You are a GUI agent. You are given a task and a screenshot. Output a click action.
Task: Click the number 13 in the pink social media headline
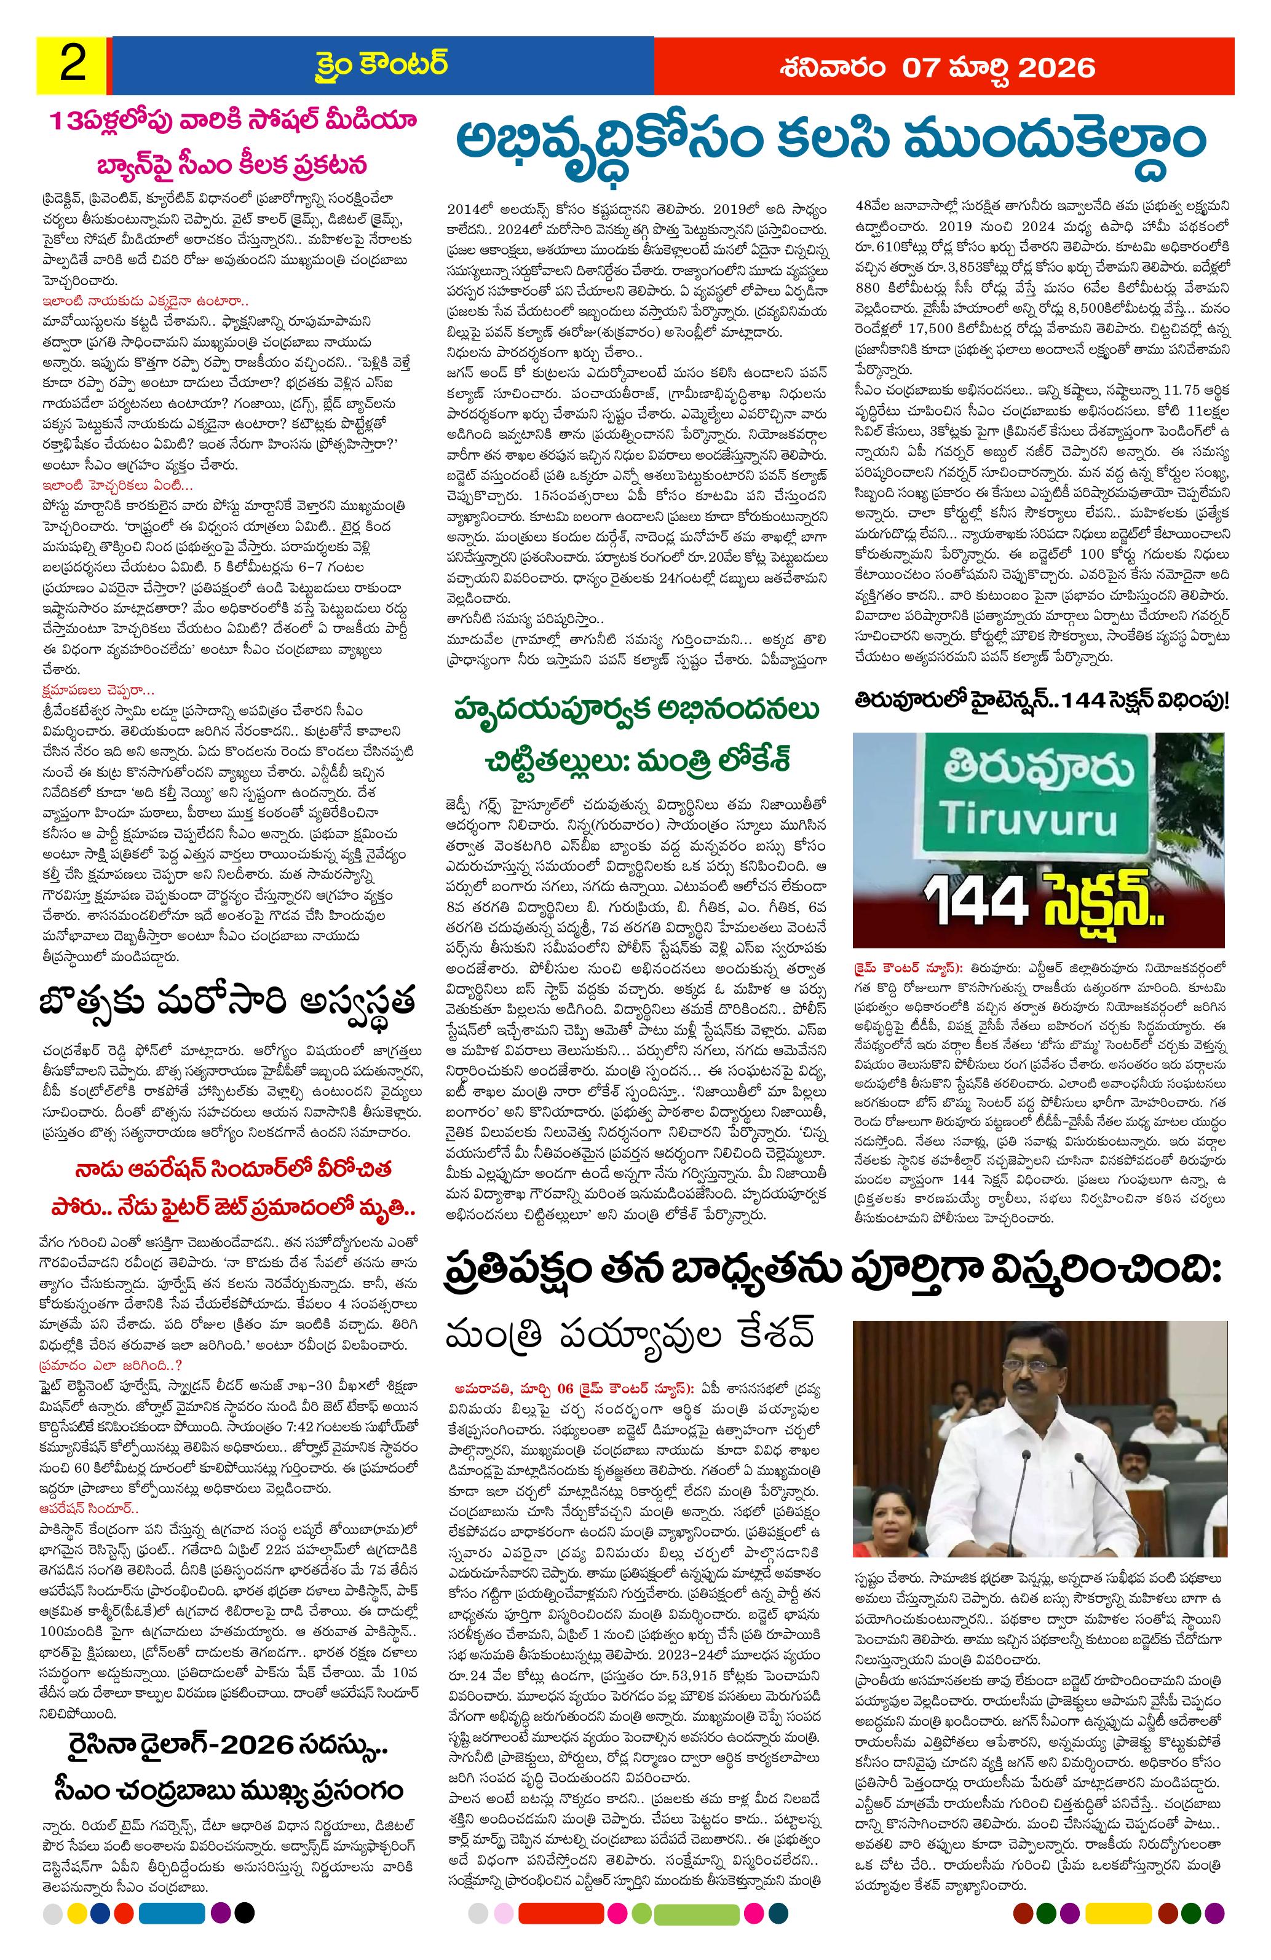[x=61, y=124]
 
